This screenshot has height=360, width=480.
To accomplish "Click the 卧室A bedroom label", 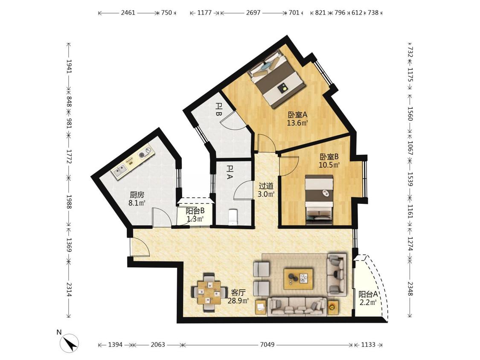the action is click(x=297, y=115).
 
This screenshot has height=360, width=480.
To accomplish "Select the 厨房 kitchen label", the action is click(x=137, y=195).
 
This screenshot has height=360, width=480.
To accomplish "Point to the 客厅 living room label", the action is click(x=238, y=293).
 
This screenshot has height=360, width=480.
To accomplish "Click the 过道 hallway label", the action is click(x=266, y=186).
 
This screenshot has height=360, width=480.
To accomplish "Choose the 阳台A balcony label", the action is click(x=368, y=294).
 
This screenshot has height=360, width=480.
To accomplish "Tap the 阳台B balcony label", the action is click(x=195, y=211).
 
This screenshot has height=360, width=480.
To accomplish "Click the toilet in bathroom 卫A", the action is click(x=233, y=217).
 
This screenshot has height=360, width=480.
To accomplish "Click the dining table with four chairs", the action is click(x=209, y=293).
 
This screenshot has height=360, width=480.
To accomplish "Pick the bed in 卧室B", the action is click(x=319, y=200).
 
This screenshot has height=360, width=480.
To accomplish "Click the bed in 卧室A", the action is click(x=277, y=78).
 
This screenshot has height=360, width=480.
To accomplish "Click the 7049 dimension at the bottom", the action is click(x=267, y=345).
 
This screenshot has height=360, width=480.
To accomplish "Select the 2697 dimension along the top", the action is click(x=253, y=12).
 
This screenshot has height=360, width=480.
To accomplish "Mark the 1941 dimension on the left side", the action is click(x=69, y=66).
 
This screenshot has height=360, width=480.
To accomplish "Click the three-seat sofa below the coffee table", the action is click(x=297, y=307).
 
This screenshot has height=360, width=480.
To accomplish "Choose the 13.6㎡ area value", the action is click(x=297, y=123).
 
